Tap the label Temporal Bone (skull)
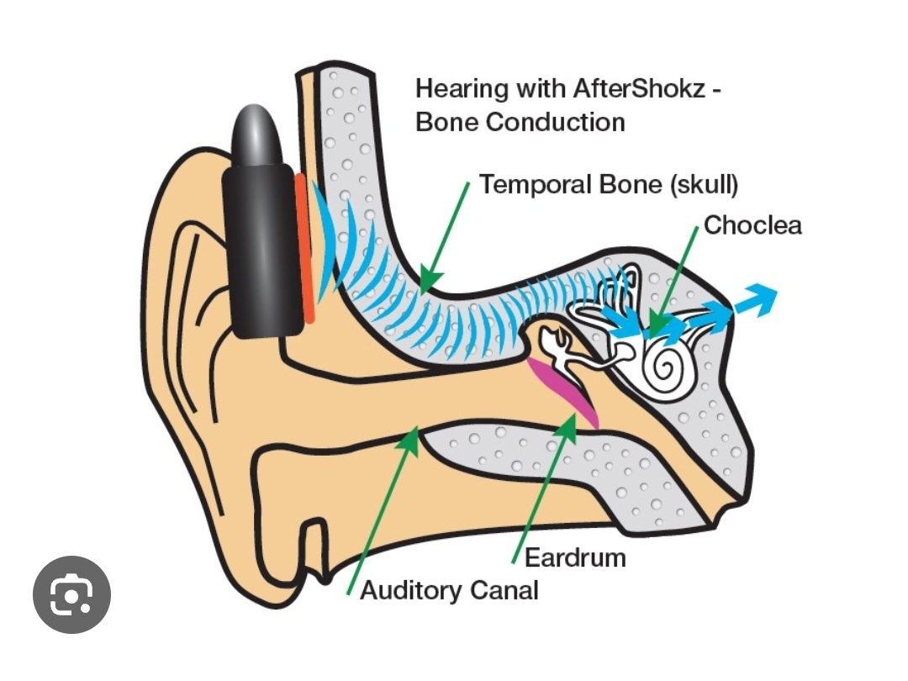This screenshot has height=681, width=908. pyautogui.click(x=609, y=184)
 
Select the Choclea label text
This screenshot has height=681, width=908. pyautogui.click(x=752, y=225)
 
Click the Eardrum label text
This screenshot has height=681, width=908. pyautogui.click(x=575, y=557)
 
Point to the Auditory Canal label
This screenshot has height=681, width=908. pyautogui.click(x=449, y=590)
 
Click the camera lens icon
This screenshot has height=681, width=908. pyautogui.click(x=71, y=595)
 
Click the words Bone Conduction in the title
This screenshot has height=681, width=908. pyautogui.click(x=520, y=121)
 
